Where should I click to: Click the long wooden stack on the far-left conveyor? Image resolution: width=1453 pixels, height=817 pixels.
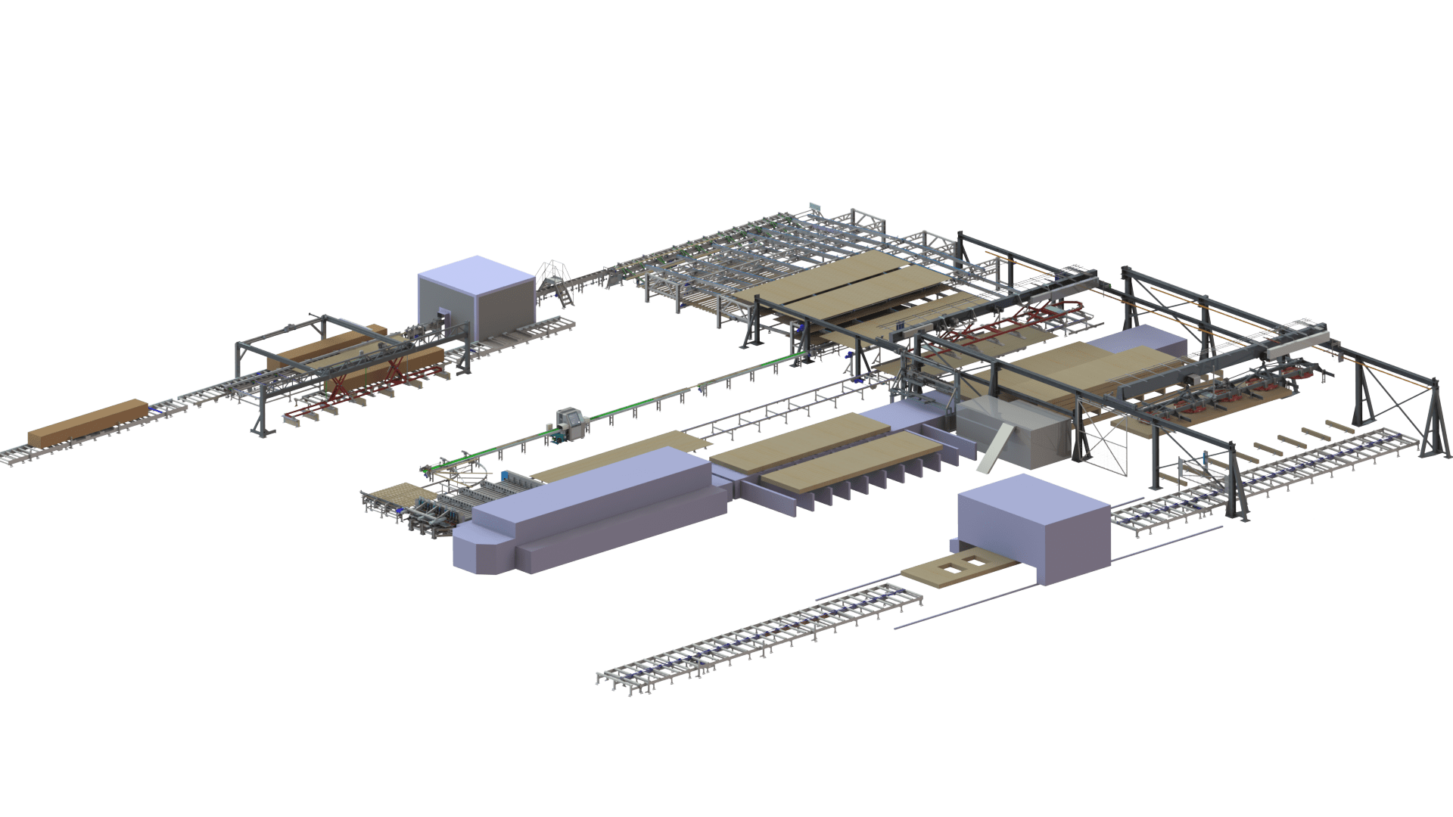click(88, 423)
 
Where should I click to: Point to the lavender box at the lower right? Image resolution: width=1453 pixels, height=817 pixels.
click(1033, 533)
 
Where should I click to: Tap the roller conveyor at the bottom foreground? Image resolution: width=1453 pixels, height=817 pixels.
click(757, 643)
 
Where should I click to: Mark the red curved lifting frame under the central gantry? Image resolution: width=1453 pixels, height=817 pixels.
click(1014, 318)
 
